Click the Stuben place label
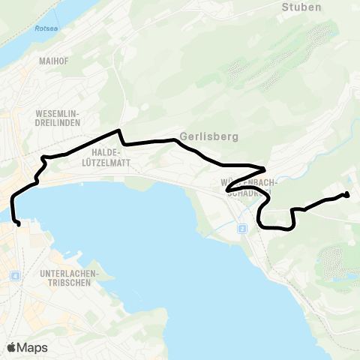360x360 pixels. (x=301, y=7)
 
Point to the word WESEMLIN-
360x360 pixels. (x=57, y=114)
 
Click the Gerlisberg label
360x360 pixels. (x=209, y=138)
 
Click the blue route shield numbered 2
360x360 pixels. (x=242, y=228)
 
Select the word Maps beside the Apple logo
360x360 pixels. (x=32, y=347)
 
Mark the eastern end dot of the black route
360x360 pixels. (x=346, y=196)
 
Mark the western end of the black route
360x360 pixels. (x=18, y=223)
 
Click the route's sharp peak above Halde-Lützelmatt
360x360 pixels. (x=118, y=131)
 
